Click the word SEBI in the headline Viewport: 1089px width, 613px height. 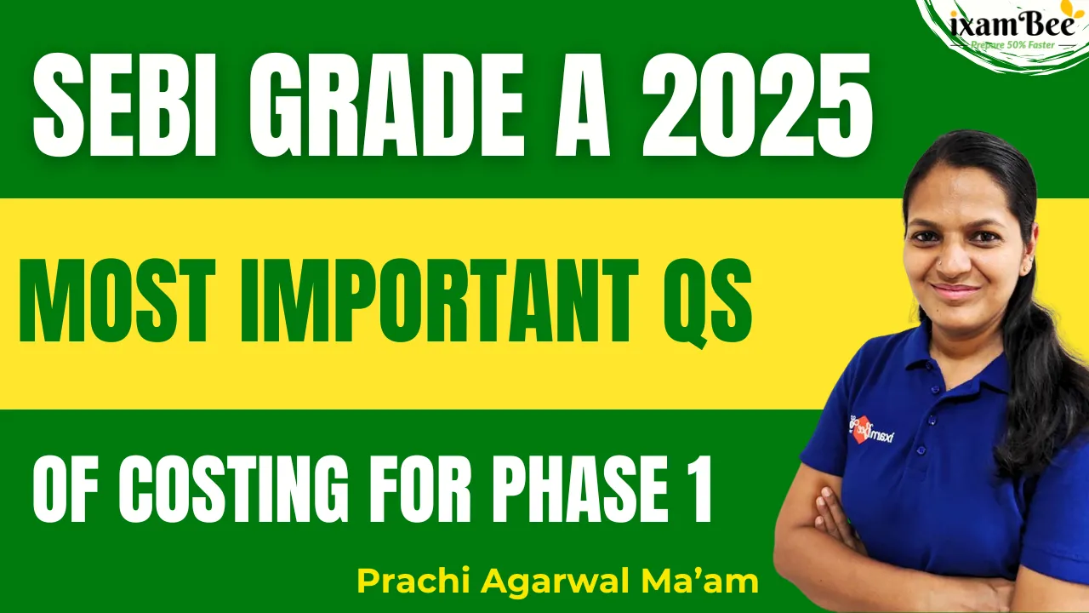tap(125, 105)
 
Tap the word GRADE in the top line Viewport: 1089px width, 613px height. tap(387, 105)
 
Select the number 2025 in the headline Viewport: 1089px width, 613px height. tap(757, 105)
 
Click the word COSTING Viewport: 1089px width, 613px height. tap(234, 489)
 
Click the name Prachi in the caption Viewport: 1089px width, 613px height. tap(413, 581)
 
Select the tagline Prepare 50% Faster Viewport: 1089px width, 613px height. tap(1012, 45)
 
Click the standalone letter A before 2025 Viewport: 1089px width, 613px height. tap(583, 105)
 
